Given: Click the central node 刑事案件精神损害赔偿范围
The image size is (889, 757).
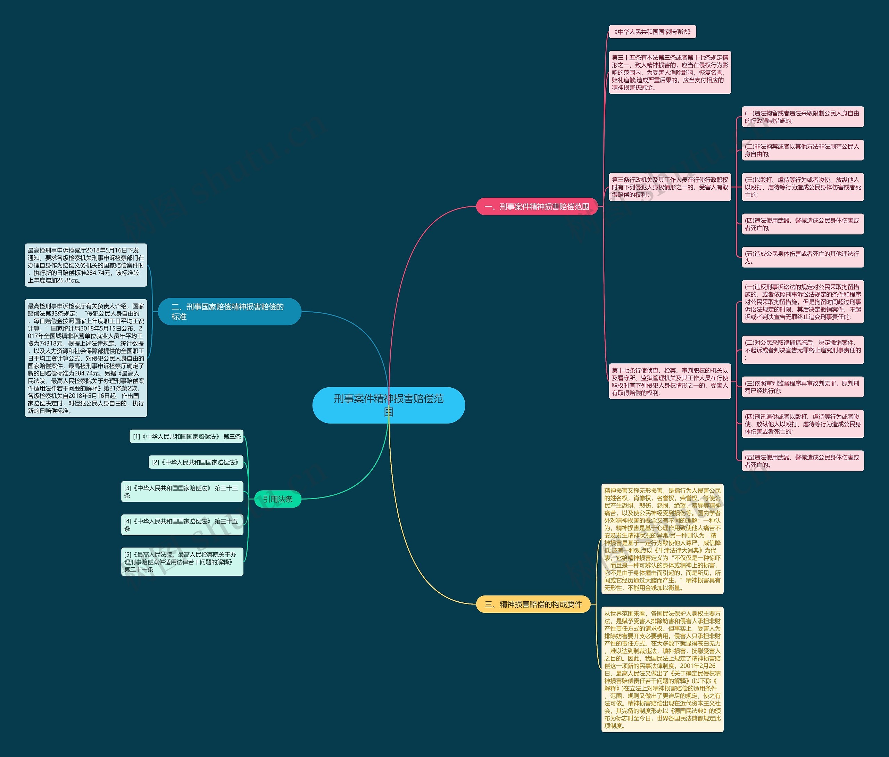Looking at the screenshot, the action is pyautogui.click(x=389, y=405).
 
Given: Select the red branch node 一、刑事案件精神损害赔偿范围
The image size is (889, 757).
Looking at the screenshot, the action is pyautogui.click(x=537, y=206).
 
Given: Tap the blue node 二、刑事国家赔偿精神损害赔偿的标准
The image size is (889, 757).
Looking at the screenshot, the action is pyautogui.click(x=230, y=312).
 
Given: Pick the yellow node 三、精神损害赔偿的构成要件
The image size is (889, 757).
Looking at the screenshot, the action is pyautogui.click(x=533, y=604).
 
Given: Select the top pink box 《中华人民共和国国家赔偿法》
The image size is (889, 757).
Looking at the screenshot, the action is pyautogui.click(x=652, y=32).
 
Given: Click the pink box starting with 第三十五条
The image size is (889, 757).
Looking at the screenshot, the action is pyautogui.click(x=670, y=73).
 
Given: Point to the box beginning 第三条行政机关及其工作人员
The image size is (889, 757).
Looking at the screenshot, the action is pyautogui.click(x=670, y=187).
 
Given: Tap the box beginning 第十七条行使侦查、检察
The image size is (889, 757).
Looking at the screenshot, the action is pyautogui.click(x=670, y=381).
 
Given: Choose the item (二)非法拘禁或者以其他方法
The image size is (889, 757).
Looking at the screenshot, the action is pyautogui.click(x=803, y=150).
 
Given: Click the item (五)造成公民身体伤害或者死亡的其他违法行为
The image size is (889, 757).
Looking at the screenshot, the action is pyautogui.click(x=803, y=257).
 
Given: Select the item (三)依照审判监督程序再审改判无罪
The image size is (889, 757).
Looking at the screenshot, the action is pyautogui.click(x=803, y=387).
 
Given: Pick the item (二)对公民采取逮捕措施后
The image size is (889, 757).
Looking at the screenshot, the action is pyautogui.click(x=803, y=350).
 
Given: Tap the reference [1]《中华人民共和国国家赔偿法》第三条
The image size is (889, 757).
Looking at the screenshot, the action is pyautogui.click(x=186, y=436).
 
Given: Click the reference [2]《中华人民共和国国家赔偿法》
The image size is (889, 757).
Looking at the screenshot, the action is pyautogui.click(x=196, y=462).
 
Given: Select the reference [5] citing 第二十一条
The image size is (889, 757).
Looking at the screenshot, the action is pyautogui.click(x=182, y=562).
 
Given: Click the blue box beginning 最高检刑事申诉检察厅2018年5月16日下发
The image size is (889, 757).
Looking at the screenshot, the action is pyautogui.click(x=86, y=265).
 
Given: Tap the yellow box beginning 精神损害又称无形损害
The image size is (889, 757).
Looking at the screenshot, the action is pyautogui.click(x=662, y=539).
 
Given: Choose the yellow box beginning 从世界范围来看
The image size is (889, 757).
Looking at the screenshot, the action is pyautogui.click(x=662, y=669).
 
